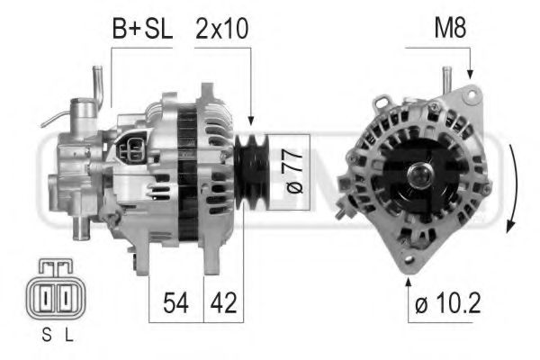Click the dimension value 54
pos(176,303)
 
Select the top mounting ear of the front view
pos(468,94)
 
